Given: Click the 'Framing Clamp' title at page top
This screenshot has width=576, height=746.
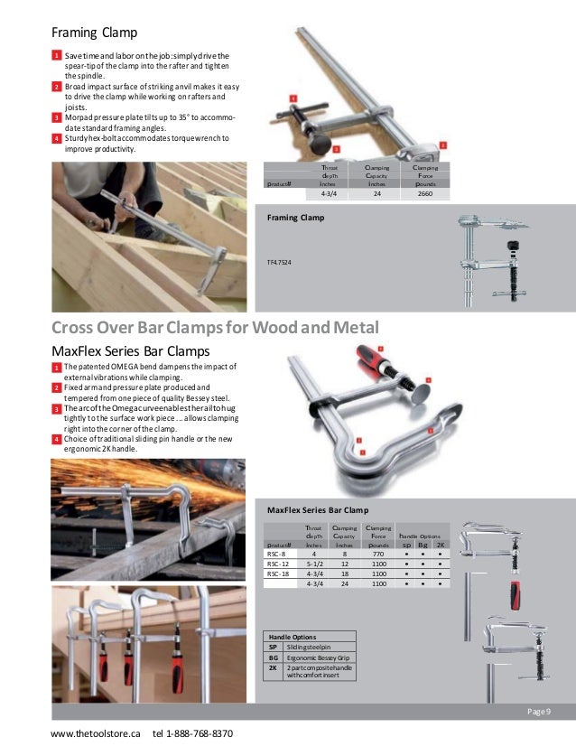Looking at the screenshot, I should [94, 33].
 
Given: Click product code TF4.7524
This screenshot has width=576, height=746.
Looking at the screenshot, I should [279, 263].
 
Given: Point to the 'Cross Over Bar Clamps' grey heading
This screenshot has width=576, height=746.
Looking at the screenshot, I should [215, 327].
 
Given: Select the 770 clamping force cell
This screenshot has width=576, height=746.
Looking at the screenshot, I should [378, 555].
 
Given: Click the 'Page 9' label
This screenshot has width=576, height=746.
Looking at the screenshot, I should [539, 713].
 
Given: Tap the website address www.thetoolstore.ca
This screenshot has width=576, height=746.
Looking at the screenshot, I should [96, 733].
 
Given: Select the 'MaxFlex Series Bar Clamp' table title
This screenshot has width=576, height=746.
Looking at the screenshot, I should [318, 510].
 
